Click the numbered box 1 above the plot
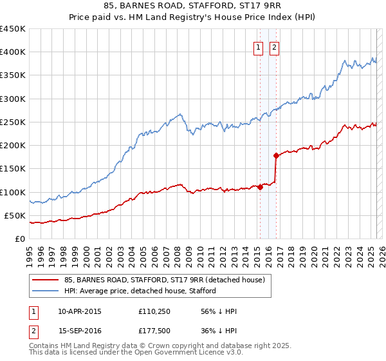[258, 46]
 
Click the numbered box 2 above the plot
[274, 46]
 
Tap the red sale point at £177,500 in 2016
[276, 155]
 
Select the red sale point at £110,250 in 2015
[260, 187]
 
